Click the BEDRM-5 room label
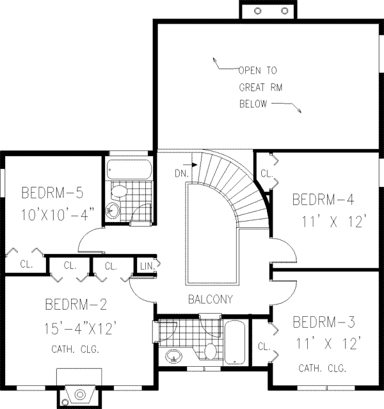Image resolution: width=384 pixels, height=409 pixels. (x=52, y=193)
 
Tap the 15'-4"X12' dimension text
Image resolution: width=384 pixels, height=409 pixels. (x=79, y=328)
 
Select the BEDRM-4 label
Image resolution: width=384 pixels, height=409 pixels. (x=323, y=200)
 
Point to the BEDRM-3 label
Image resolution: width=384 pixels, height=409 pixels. (x=324, y=322)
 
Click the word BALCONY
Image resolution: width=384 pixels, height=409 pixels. (x=211, y=300)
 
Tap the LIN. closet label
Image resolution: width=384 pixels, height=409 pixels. (x=147, y=266)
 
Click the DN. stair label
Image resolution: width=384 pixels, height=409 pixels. (x=182, y=173)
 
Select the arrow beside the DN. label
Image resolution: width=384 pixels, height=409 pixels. (x=190, y=164)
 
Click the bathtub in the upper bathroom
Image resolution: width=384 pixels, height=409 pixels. (x=129, y=169)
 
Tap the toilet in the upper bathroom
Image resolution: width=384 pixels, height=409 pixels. (x=118, y=191)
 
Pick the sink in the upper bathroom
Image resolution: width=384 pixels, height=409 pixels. (x=113, y=210)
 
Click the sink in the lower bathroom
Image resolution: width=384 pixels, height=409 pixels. (x=173, y=356)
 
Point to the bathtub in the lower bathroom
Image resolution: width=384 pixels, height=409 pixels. (x=235, y=342)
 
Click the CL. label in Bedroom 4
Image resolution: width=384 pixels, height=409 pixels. (x=267, y=173)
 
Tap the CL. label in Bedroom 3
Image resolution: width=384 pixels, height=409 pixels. (x=264, y=346)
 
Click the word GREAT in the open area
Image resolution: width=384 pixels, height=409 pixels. (x=252, y=87)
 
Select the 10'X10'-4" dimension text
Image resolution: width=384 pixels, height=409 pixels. (x=58, y=215)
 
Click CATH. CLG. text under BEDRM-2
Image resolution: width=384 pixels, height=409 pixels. (x=76, y=349)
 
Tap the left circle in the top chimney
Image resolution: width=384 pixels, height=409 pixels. (x=258, y=11)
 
